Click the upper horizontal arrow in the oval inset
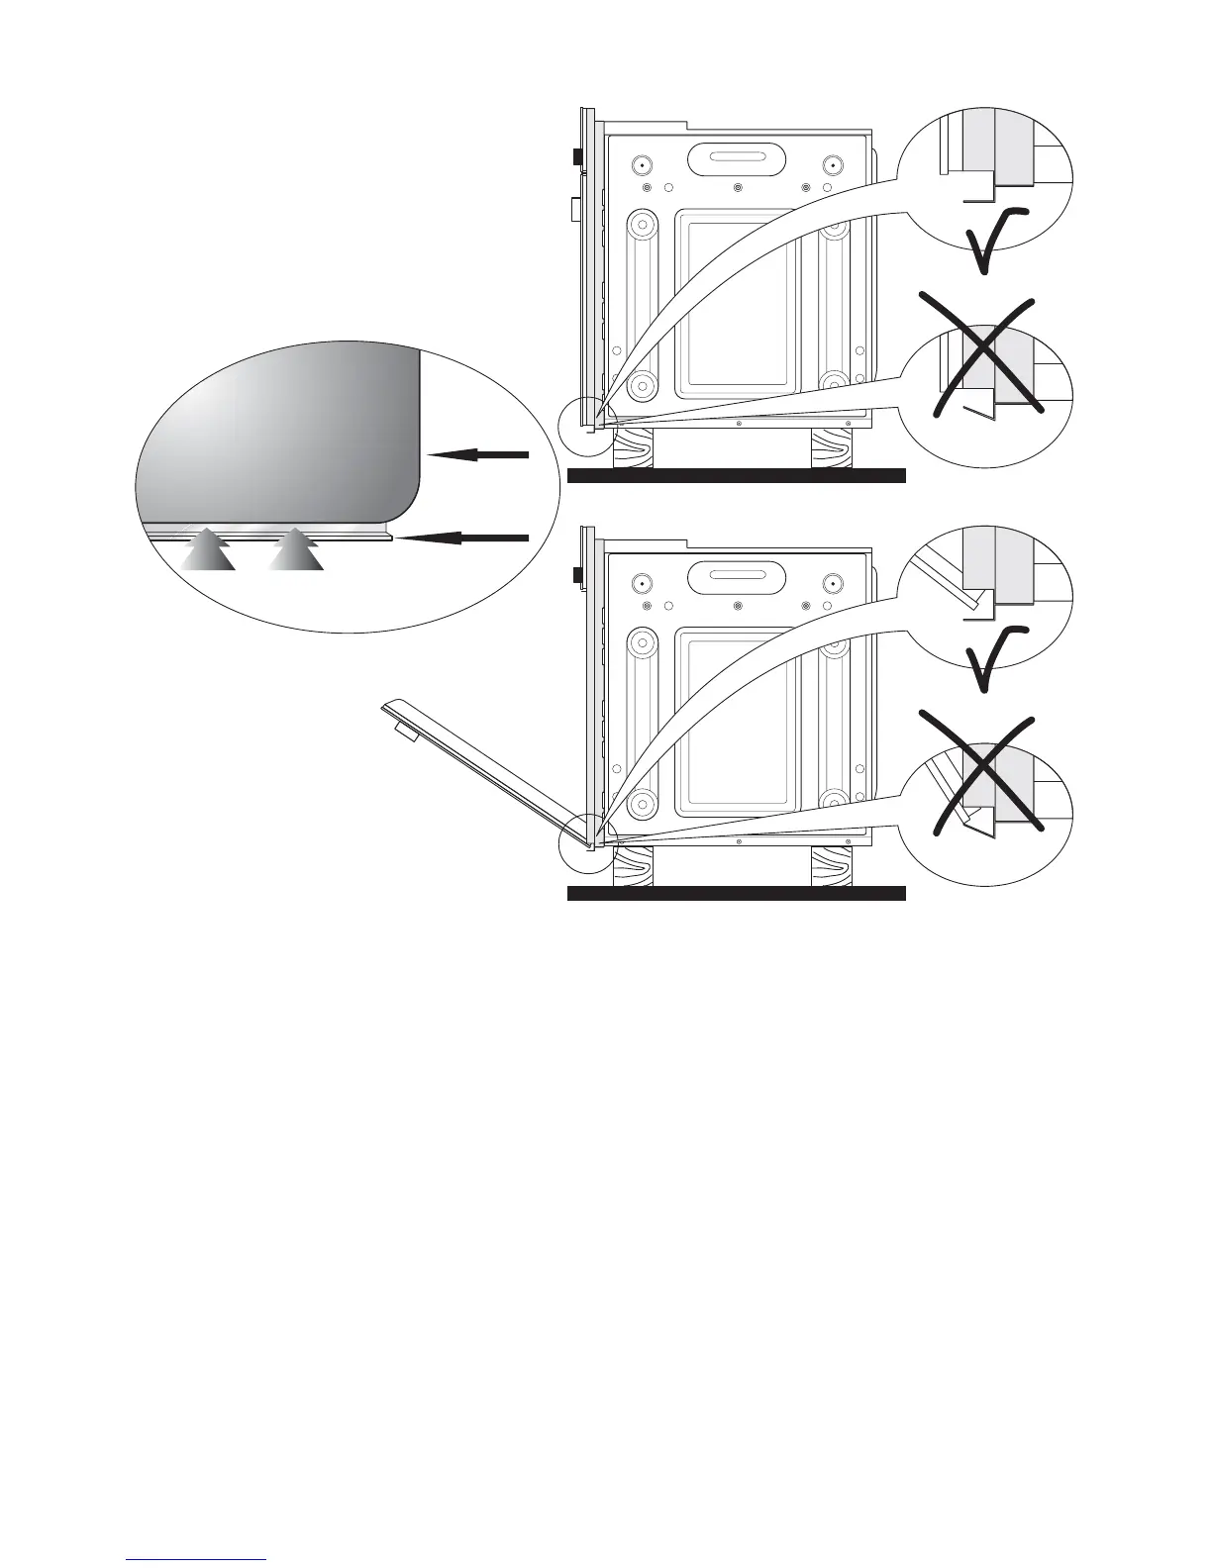(479, 454)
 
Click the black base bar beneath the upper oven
(737, 475)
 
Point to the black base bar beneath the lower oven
(737, 894)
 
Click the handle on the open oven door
(402, 731)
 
